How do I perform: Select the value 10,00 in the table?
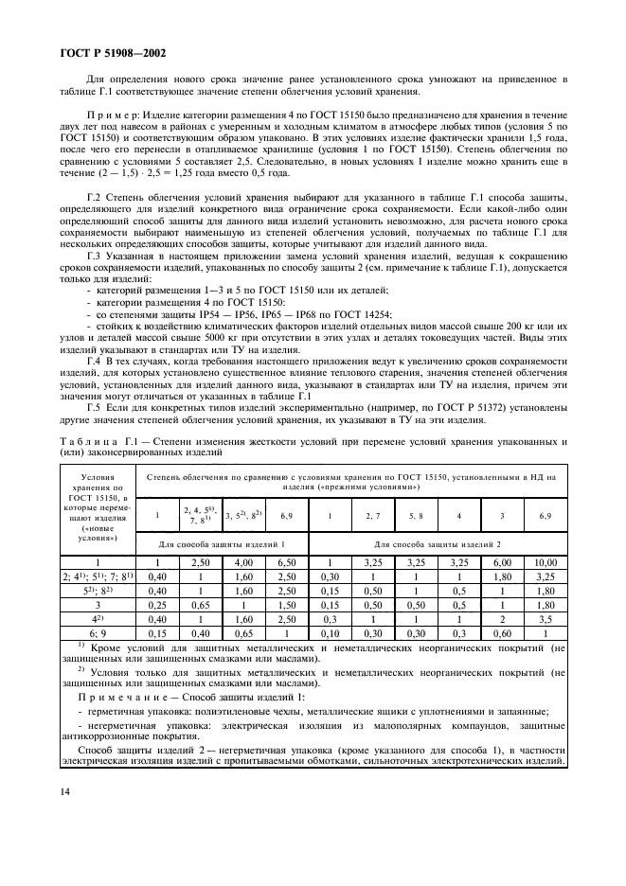point(546,561)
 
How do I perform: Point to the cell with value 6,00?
point(502,561)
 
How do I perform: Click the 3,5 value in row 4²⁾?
point(546,618)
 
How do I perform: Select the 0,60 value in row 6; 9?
point(502,632)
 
